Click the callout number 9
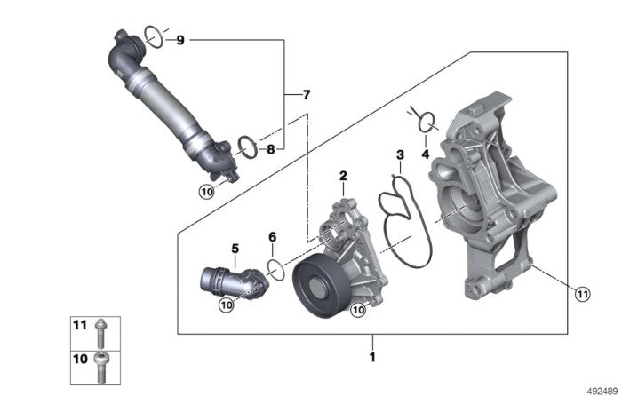179,40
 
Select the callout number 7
307,94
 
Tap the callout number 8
272,149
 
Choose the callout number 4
425,154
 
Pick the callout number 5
235,249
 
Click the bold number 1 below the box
372,358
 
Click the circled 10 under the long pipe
206,190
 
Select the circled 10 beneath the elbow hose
226,305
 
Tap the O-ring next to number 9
153,36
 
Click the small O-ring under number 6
276,270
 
